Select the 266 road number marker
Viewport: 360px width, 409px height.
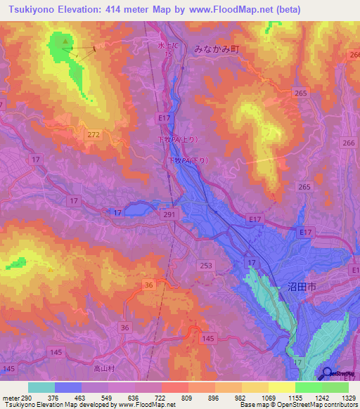(x=347, y=143)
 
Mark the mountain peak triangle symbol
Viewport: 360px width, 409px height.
(x=65, y=41)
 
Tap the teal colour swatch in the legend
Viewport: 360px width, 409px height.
(x=41, y=387)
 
